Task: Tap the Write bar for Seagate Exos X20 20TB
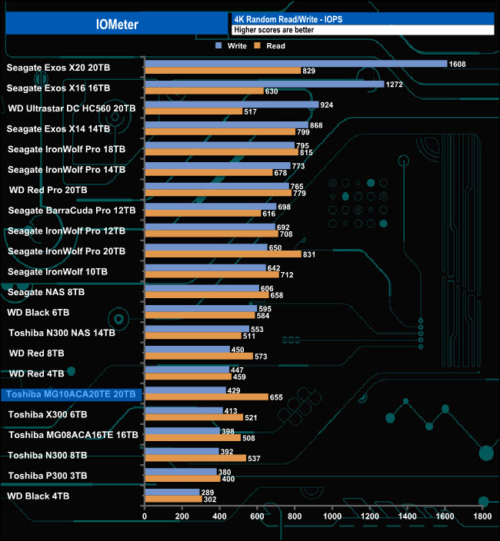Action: click(x=295, y=64)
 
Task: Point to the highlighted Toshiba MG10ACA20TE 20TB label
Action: click(x=71, y=394)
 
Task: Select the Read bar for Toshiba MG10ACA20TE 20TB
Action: click(x=206, y=397)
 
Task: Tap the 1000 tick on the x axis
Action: click(x=332, y=516)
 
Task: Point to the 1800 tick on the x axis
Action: click(x=482, y=516)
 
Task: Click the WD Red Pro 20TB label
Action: click(x=48, y=190)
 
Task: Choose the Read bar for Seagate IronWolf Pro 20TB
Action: click(x=223, y=254)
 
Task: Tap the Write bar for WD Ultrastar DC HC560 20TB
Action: click(x=232, y=105)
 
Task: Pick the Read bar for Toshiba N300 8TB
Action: click(x=195, y=459)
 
